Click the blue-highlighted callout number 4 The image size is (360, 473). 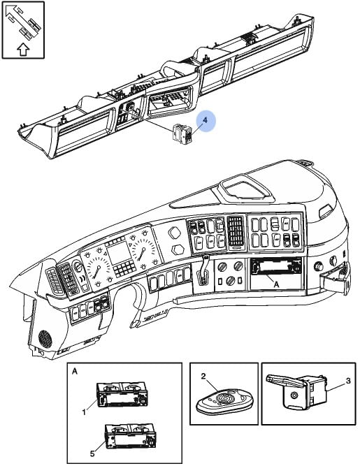tap(206, 120)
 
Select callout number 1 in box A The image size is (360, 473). tap(84, 412)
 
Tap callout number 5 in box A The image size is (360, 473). tap(92, 453)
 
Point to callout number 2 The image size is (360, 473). tap(203, 376)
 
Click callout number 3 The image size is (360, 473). tap(349, 381)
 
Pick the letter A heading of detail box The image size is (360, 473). tap(75, 371)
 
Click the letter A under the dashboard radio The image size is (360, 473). tap(276, 284)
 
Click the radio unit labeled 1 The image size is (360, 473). tap(122, 395)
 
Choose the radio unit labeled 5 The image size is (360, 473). tap(130, 436)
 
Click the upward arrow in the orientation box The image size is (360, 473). tap(23, 50)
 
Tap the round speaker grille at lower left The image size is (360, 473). tap(45, 338)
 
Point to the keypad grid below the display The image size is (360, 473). tap(124, 268)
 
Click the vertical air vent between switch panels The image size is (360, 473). tap(236, 233)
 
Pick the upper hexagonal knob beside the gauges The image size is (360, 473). tap(175, 233)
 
